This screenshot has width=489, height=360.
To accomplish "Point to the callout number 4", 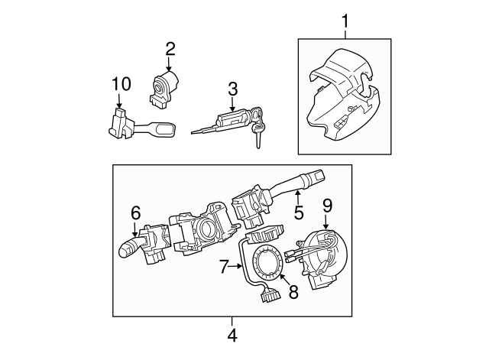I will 232,335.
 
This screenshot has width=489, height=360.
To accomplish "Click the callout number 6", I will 135,212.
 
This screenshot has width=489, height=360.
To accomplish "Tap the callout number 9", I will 327,205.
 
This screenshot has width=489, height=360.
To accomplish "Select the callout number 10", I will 121,83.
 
